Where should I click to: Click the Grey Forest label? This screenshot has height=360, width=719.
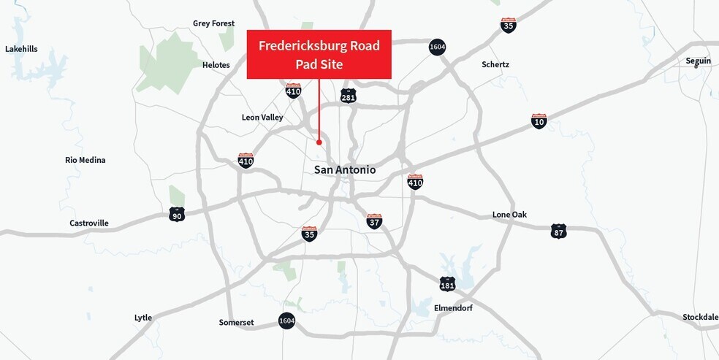[x=213, y=23]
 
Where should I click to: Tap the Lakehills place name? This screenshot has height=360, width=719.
[x=21, y=49]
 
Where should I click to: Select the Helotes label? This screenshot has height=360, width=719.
[x=216, y=65]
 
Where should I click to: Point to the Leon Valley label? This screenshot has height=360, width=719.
[x=262, y=117]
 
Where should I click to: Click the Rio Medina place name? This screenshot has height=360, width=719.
[x=85, y=160]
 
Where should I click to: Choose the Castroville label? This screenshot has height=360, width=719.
[x=89, y=223]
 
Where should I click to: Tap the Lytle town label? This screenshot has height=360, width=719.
[x=143, y=318]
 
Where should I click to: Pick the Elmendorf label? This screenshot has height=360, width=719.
[x=453, y=308]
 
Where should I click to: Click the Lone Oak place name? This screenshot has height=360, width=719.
[x=509, y=215]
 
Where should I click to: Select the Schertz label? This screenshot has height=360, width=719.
[x=495, y=64]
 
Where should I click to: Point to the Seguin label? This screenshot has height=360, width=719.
[x=698, y=61]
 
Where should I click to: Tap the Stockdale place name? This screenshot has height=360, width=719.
[x=700, y=317]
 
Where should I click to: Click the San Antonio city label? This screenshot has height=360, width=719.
[x=345, y=169]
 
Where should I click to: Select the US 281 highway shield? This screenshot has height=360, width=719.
[x=349, y=96]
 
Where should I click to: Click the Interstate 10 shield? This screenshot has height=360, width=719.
[x=539, y=121]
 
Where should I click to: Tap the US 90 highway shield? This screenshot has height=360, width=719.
[x=177, y=214]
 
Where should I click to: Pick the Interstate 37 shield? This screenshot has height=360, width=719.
[x=374, y=221]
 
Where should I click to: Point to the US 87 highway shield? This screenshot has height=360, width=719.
[x=558, y=231]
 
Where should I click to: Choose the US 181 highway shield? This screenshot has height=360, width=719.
[x=447, y=283]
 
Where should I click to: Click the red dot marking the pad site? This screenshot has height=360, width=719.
[x=319, y=142]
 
